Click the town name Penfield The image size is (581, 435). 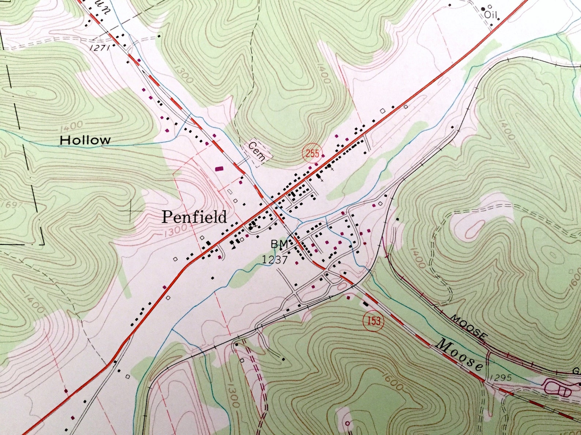pyautogui.click(x=194, y=217)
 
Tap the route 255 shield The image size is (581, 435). pyautogui.click(x=312, y=153)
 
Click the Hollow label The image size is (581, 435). pyautogui.click(x=85, y=140)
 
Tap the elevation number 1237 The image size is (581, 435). pyautogui.click(x=275, y=260)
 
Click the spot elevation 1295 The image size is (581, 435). pyautogui.click(x=500, y=378)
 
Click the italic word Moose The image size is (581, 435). pyautogui.click(x=461, y=354)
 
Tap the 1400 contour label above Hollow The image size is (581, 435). pyautogui.click(x=72, y=126)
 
